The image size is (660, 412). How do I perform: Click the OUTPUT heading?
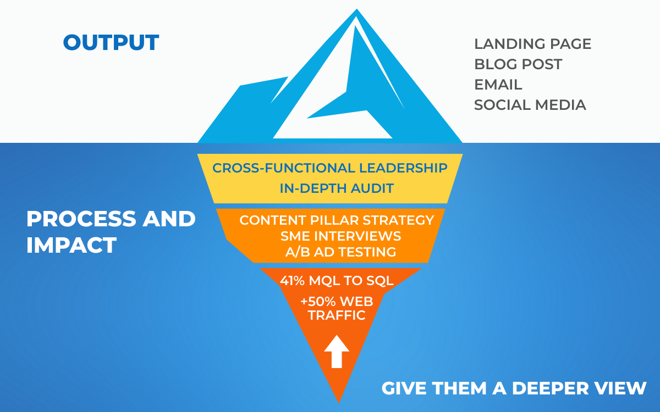(x=111, y=43)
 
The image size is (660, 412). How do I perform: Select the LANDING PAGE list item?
(x=532, y=44)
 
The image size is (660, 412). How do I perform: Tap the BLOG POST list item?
(x=518, y=64)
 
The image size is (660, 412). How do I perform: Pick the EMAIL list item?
(x=498, y=85)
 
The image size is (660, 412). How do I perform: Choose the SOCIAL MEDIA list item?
(x=530, y=105)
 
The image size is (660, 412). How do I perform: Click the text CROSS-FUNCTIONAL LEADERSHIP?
(x=330, y=168)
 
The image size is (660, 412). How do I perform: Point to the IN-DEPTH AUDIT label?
(x=337, y=188)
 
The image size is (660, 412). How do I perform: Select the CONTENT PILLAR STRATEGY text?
(x=337, y=220)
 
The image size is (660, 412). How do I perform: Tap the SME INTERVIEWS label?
(x=340, y=236)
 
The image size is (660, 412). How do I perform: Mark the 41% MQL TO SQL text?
(x=337, y=281)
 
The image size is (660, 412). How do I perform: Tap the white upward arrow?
(x=337, y=352)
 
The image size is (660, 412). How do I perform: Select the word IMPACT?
(x=71, y=245)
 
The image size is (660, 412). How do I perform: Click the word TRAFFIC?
(x=337, y=315)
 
